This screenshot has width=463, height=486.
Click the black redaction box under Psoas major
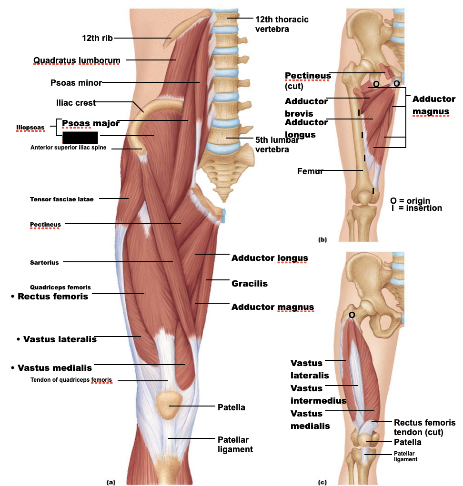tap(80, 138)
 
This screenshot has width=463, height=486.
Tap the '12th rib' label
tap(97, 38)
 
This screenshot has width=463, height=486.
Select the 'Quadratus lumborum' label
tap(77, 60)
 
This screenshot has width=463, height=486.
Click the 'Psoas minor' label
tap(76, 83)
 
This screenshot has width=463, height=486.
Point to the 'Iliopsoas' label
tap(30, 128)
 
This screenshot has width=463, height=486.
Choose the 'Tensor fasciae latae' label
tap(61, 199)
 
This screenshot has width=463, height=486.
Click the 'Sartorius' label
tap(44, 262)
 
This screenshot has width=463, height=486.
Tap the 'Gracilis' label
tap(249, 284)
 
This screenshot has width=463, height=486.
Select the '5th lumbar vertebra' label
tap(276, 145)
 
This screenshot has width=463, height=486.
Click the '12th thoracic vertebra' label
tap(282, 24)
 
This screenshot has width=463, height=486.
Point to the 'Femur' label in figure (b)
tap(310, 171)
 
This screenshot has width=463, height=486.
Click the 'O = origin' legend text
tap(410, 200)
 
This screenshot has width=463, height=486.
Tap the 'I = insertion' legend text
tap(416, 208)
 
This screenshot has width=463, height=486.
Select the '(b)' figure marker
tap(322, 240)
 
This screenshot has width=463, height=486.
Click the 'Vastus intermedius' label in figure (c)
tap(318, 395)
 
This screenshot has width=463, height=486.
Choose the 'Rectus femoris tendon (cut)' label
tap(424, 427)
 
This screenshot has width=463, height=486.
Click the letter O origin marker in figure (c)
tap(352, 315)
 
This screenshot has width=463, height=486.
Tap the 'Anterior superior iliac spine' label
tap(68, 148)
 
